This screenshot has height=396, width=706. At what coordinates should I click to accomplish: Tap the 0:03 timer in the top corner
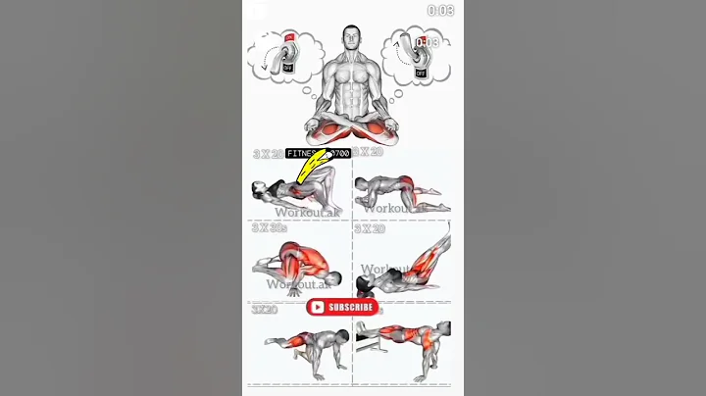pos(440,11)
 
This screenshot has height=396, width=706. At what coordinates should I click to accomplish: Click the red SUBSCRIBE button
pos(342,307)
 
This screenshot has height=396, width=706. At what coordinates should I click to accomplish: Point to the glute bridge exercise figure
pos(295,187)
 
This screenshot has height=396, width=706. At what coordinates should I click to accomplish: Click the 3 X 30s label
pos(270,228)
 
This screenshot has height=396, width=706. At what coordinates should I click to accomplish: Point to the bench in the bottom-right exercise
pos(367,343)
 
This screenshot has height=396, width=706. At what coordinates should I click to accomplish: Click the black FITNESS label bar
pos(318,153)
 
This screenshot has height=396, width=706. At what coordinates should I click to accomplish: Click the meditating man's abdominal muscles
pos(353,98)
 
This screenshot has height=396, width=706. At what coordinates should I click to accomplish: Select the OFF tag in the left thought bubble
pos(286,70)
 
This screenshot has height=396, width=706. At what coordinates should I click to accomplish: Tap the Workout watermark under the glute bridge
pos(300,211)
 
